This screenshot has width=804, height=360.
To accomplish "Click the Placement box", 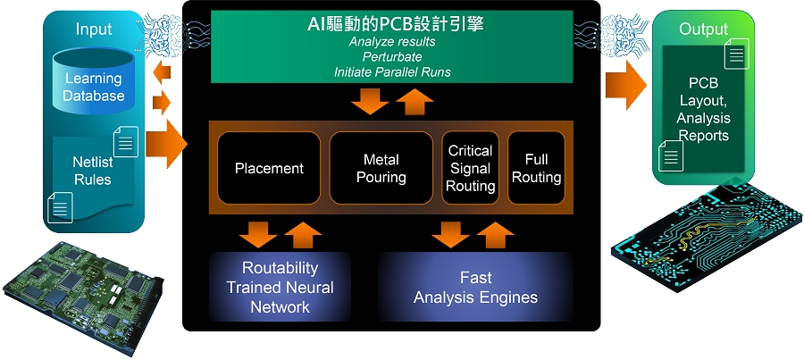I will coord(269,168).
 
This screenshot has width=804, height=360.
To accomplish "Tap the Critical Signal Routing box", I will coord(470,168).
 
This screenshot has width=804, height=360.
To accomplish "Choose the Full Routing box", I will coord(536,168).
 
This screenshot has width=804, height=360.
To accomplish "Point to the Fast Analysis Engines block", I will coord(475,287).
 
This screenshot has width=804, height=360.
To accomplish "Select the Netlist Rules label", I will coord(92,171).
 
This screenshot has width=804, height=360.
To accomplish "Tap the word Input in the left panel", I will coord(94,29).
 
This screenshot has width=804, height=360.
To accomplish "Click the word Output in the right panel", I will coord(704,29).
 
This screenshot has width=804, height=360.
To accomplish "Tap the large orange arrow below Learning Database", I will coord(165,142).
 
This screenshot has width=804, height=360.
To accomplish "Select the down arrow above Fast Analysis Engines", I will coord(450,234).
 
